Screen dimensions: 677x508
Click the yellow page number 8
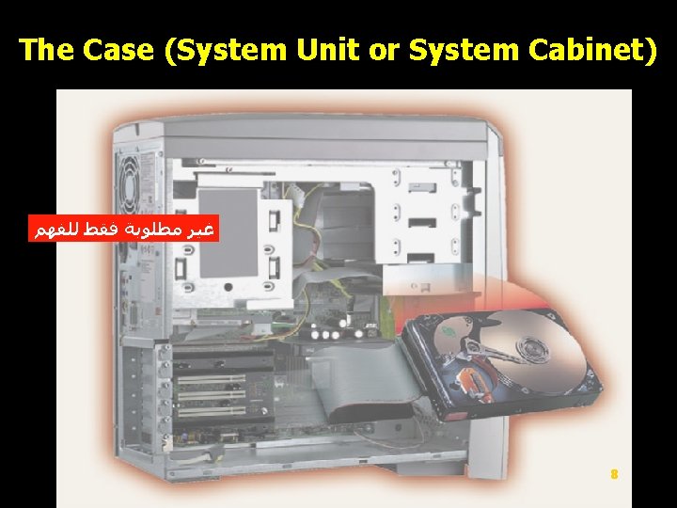point(614,475)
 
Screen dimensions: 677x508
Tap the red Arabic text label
point(123,230)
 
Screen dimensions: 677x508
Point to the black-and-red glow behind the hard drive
point(527,282)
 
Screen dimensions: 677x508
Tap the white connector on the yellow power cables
point(300,194)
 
